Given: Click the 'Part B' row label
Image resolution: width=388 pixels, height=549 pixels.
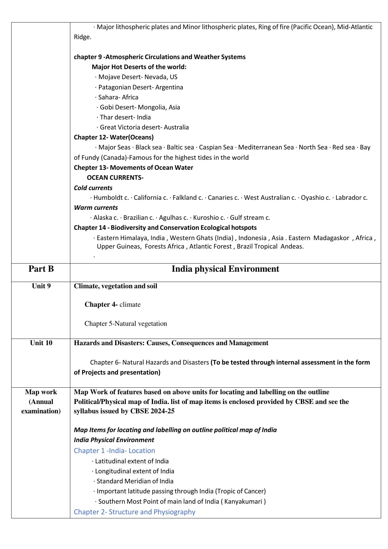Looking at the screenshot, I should point(41,269).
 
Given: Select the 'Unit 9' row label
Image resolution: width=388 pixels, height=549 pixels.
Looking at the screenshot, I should point(41,286).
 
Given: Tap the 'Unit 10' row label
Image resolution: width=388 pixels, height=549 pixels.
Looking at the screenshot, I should point(41,343).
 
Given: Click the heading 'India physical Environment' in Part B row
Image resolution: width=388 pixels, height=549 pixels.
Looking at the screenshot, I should point(225,269).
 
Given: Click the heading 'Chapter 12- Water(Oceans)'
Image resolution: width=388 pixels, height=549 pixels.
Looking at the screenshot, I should point(114,137).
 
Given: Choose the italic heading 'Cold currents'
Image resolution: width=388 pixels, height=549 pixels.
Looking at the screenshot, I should point(93,188).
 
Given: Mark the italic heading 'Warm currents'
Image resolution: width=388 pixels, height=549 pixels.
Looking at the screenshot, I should point(96,208).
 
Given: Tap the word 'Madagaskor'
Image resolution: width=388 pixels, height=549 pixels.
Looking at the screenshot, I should point(331,238).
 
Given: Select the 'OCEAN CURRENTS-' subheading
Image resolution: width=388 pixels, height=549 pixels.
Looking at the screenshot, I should point(115,178).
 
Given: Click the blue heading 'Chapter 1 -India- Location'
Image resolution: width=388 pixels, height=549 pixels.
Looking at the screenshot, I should point(114,451).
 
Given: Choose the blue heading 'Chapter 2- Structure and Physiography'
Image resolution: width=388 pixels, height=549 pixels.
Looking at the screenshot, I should point(134,512).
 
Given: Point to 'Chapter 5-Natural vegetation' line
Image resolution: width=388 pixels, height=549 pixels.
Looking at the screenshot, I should point(126,324).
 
